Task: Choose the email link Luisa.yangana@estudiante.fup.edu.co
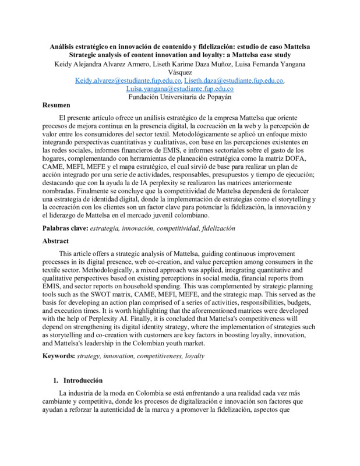click(x=179, y=89)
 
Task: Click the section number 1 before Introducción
click(x=55, y=379)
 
